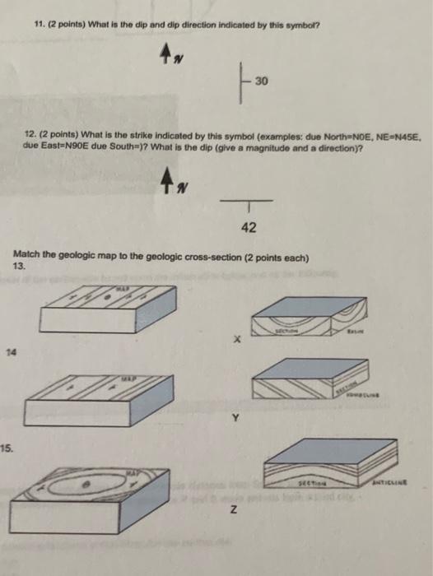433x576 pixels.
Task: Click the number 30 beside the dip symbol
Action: (262, 81)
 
